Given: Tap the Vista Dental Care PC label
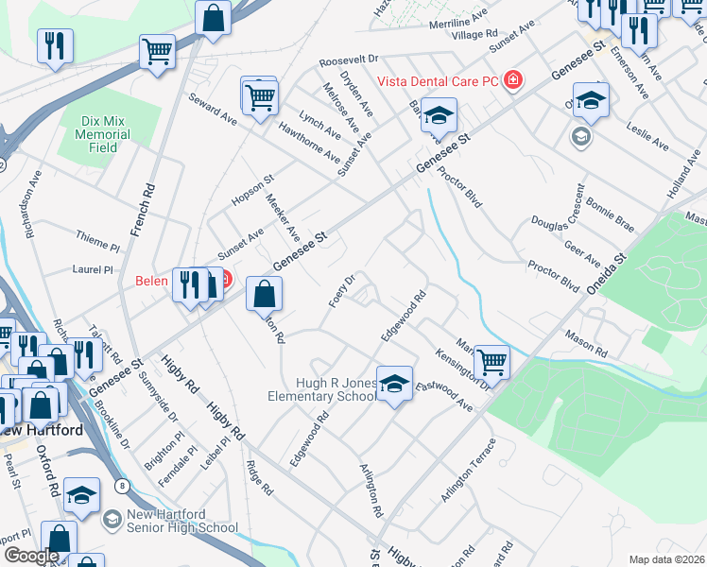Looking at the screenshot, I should click(438, 80).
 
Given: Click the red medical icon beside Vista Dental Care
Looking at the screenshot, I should click(512, 80).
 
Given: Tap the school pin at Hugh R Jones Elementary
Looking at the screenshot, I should click(395, 385).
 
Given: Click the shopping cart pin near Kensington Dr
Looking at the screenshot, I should click(491, 361).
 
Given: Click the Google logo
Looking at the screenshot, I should click(31, 555).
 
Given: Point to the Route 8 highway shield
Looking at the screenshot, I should click(122, 486).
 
